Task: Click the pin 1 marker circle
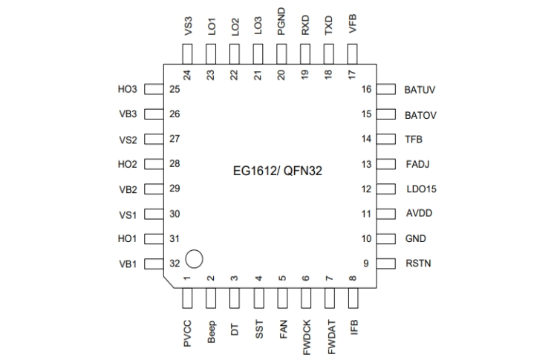(194, 258)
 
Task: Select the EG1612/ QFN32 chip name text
(281, 170)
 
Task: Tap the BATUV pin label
(420, 90)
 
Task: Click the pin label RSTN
(418, 264)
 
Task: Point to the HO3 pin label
(128, 90)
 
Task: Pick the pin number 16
(365, 90)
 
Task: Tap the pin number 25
(175, 90)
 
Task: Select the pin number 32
(175, 264)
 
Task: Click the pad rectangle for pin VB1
(154, 264)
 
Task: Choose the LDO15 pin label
(421, 189)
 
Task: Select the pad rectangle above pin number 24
(187, 53)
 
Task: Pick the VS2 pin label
(128, 140)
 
